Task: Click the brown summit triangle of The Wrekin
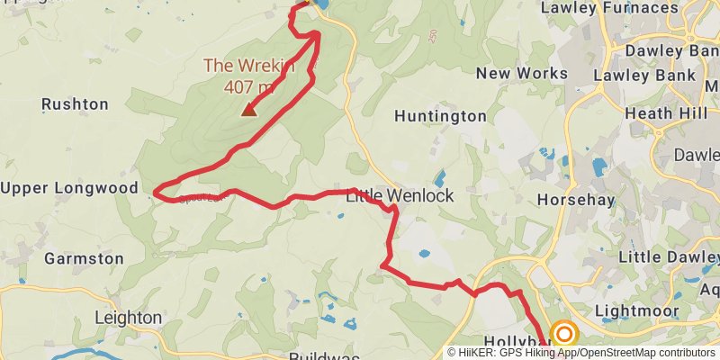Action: (x=247, y=111)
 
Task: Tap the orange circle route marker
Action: (x=564, y=335)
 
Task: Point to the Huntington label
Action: (x=440, y=116)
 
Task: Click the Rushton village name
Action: (x=75, y=104)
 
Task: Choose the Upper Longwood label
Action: (x=69, y=188)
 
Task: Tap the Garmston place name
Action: (x=85, y=258)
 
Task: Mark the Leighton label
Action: (x=129, y=318)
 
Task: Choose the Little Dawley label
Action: (x=668, y=257)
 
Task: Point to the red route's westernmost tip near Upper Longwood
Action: (x=156, y=192)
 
